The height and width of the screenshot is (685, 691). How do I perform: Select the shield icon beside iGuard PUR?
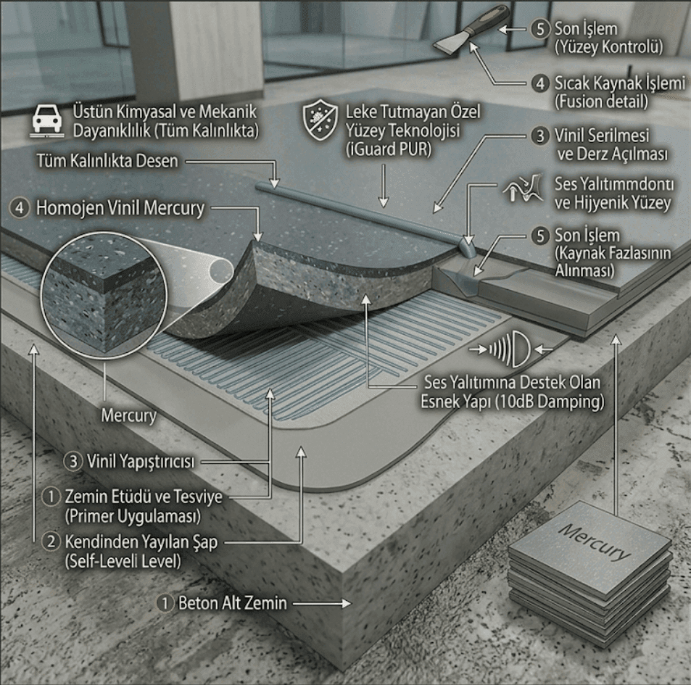click(320, 120)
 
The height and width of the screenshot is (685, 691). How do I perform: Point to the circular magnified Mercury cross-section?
click(104, 296)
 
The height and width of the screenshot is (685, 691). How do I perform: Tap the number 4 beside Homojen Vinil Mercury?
click(20, 208)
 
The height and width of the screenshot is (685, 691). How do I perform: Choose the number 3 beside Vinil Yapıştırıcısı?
click(73, 462)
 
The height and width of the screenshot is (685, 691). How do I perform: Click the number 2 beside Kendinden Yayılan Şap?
click(51, 541)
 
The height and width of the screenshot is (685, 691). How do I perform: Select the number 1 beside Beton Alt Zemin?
click(165, 603)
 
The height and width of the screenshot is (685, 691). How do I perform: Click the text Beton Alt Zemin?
click(232, 603)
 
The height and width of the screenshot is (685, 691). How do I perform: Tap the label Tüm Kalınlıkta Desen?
click(107, 161)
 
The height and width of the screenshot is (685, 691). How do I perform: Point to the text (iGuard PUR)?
click(388, 149)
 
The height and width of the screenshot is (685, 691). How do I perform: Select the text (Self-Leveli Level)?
click(123, 561)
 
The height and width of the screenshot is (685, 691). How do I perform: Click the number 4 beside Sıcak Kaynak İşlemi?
click(540, 83)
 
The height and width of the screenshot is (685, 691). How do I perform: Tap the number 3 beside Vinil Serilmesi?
click(540, 136)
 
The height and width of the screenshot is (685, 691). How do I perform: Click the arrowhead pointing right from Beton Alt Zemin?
click(345, 603)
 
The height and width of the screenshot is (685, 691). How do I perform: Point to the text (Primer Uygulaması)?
click(133, 516)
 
